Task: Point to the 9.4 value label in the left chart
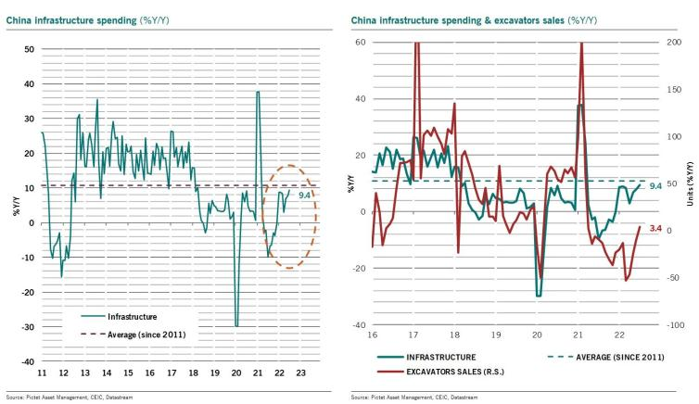tap(304, 195)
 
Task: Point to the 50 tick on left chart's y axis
tap(29, 48)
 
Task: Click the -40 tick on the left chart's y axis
tap(28, 361)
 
